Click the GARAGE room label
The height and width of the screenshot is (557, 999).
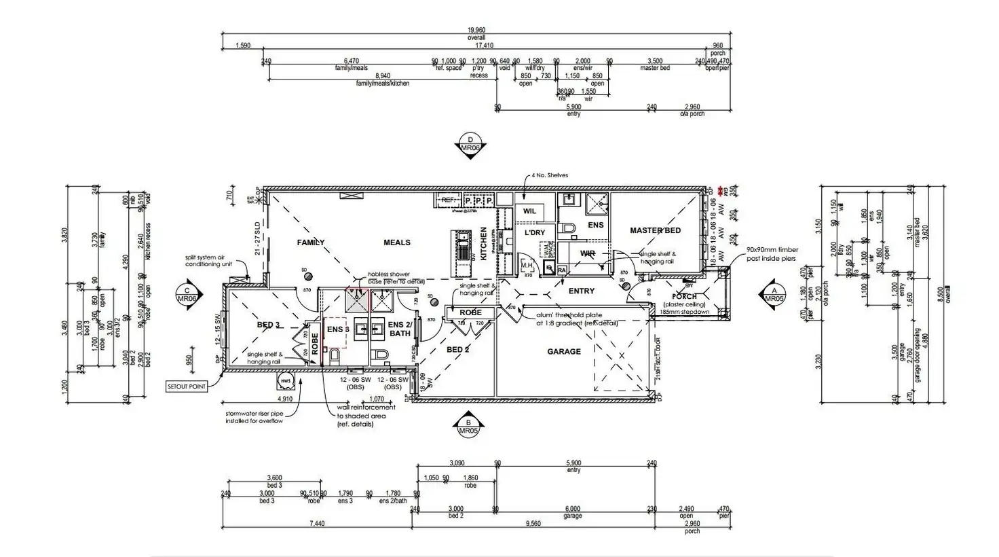(x=564, y=351)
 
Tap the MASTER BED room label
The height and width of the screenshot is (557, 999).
(x=655, y=230)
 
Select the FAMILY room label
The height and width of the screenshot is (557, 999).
(x=311, y=242)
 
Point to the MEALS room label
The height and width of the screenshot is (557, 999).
(x=397, y=242)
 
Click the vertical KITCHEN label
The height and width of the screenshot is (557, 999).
(x=484, y=244)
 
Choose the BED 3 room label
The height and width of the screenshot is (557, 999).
(x=269, y=325)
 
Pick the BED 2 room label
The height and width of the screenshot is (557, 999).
(x=458, y=350)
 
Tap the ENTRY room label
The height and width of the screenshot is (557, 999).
(x=581, y=291)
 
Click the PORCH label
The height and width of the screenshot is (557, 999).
(x=684, y=296)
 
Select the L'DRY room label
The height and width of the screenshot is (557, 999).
(x=535, y=232)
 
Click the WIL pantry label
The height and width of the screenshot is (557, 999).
(x=529, y=211)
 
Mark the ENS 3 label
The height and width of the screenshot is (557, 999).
(x=338, y=329)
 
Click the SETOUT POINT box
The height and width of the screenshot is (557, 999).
(x=187, y=386)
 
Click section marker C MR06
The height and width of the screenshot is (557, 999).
(x=187, y=295)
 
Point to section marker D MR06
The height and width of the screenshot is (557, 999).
(x=470, y=144)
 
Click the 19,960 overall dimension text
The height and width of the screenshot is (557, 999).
(x=476, y=31)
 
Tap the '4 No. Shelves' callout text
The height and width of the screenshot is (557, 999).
(x=550, y=175)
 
